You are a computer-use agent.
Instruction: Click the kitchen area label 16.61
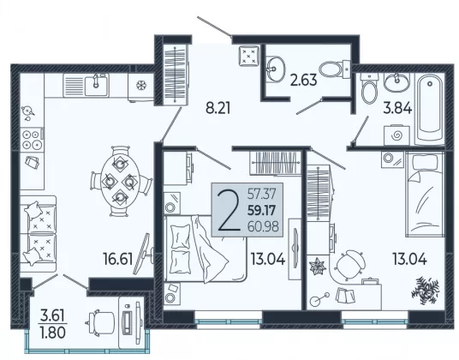[118, 259]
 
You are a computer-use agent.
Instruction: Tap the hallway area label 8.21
[218, 108]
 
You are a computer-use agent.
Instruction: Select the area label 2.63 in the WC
[303, 80]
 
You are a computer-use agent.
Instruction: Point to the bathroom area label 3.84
[397, 108]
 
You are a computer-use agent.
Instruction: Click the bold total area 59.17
[262, 210]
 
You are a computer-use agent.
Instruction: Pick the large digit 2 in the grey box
[229, 210]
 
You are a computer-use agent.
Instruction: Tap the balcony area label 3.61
[52, 316]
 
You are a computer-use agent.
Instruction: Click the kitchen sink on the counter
[96, 85]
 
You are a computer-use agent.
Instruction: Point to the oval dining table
[120, 182]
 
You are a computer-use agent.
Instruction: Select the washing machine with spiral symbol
[396, 135]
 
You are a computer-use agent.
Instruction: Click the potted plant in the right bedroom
[425, 290]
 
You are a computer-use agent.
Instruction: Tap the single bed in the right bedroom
[425, 195]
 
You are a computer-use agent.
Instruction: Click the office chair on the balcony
[102, 321]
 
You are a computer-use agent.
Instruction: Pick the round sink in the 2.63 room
[275, 69]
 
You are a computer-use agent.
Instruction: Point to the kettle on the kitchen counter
[27, 111]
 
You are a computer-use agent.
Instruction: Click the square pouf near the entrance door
[249, 56]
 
